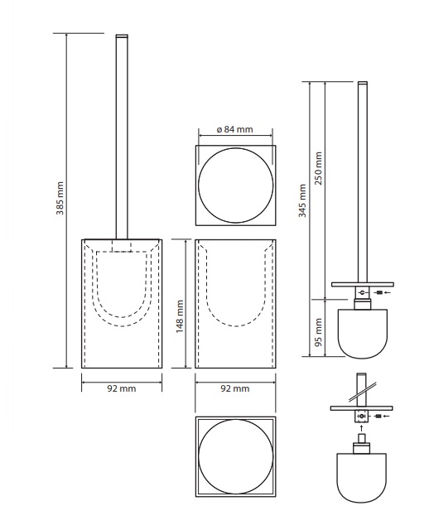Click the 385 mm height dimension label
60,198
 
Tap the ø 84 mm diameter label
234,129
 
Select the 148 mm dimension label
180,316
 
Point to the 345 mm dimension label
303,200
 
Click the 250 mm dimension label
318,168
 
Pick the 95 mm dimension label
318,332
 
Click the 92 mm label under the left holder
122,388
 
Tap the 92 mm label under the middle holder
235,388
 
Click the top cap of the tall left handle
122,36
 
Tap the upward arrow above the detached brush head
361,429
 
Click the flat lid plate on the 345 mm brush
363,285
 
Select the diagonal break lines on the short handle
363,392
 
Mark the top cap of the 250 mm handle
363,83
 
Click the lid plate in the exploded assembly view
361,408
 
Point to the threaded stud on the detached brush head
361,438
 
